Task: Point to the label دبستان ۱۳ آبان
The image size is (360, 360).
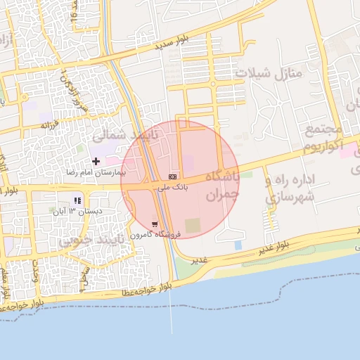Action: click(79, 211)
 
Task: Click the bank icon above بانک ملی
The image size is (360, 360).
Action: click(173, 176)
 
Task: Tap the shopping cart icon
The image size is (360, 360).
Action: click(155, 224)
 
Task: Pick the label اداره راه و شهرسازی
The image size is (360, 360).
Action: click(290, 187)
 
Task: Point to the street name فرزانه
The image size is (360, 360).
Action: click(48, 125)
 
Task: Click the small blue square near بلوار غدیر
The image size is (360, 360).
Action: click(238, 245)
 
